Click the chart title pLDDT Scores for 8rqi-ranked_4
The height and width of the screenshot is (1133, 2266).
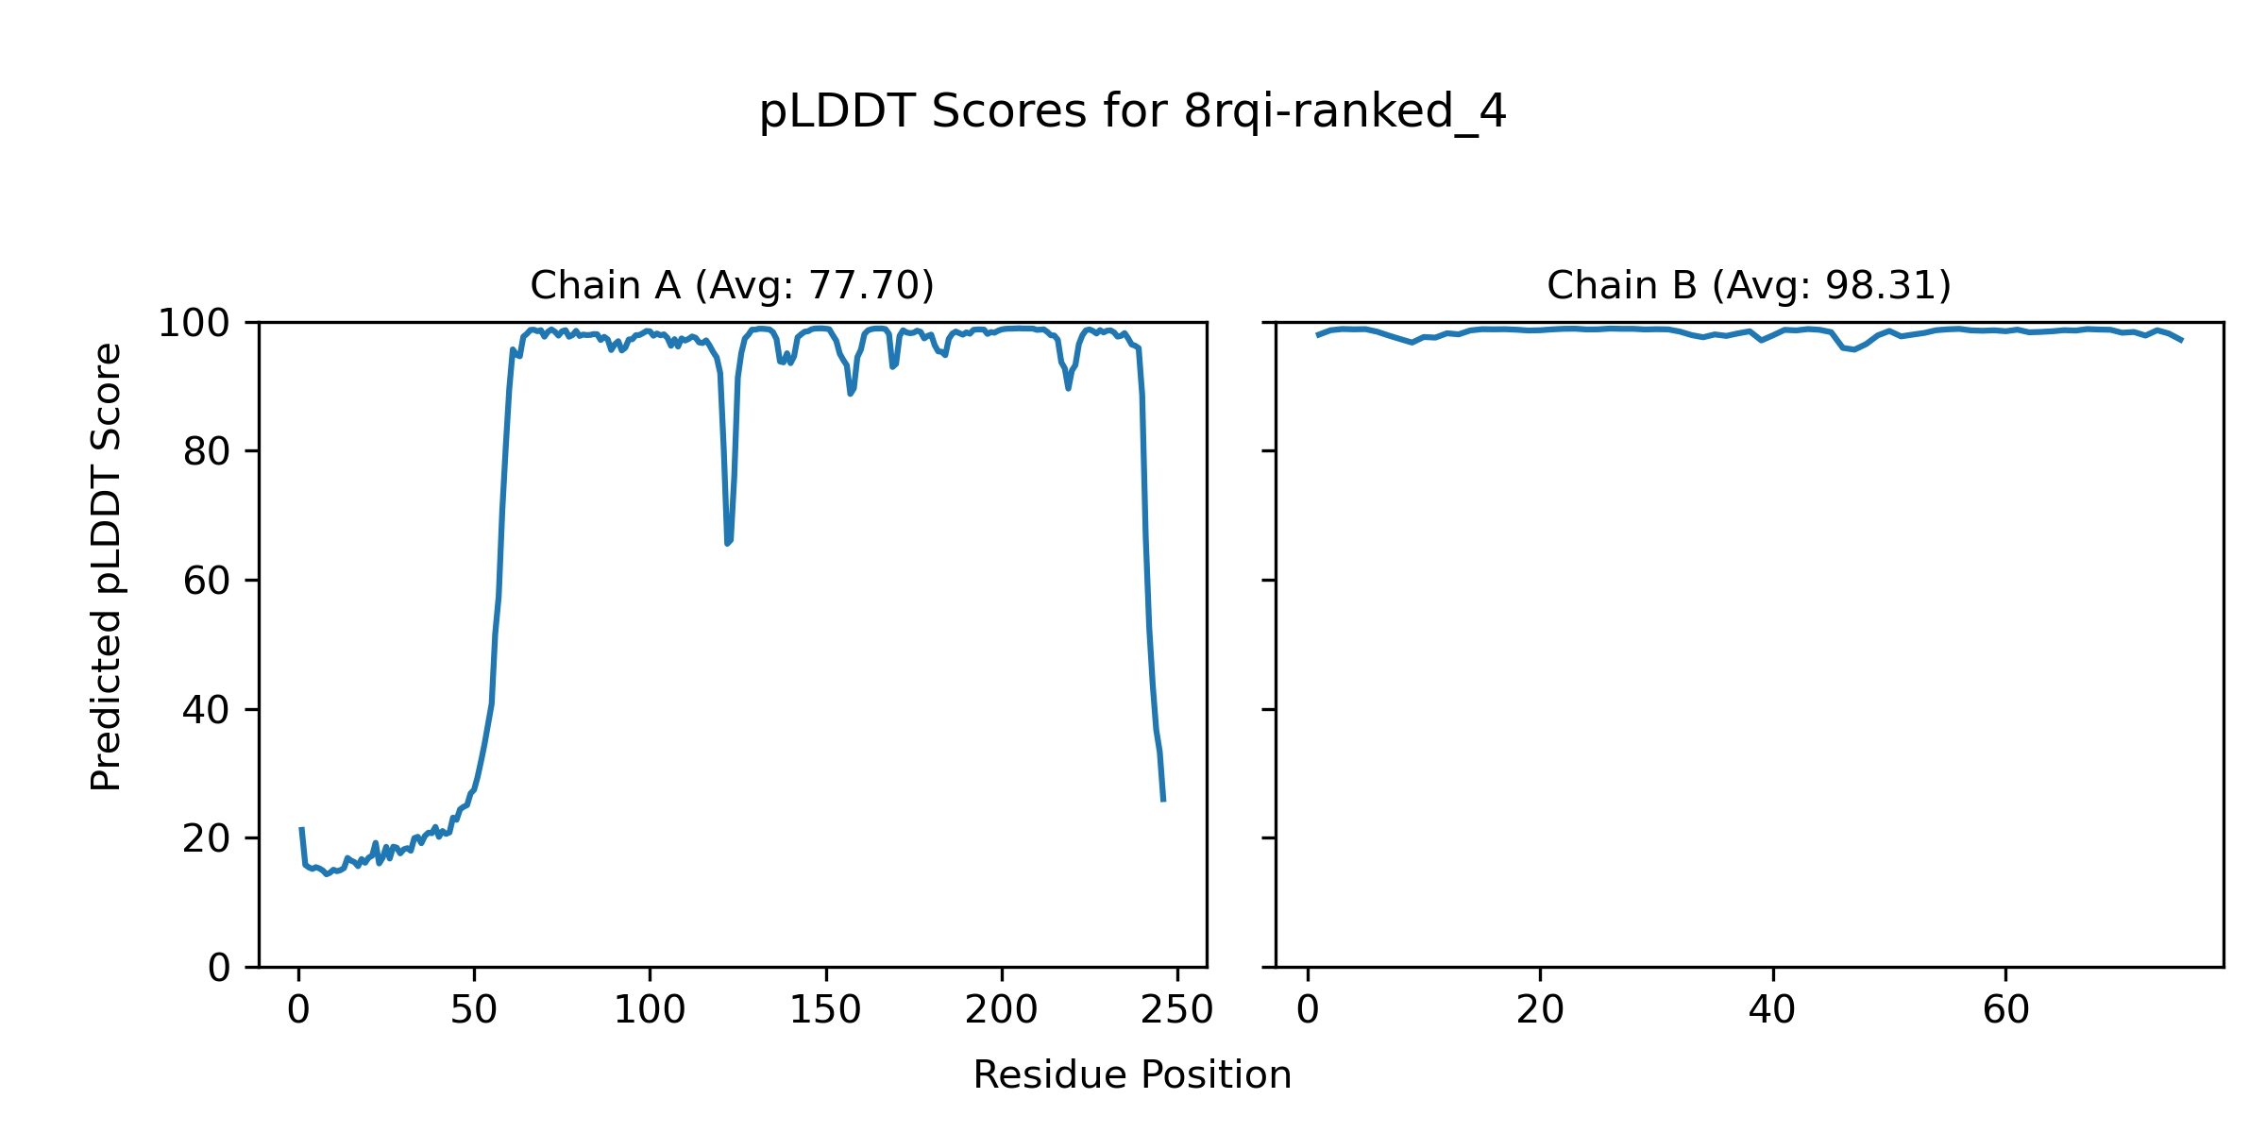(1132, 112)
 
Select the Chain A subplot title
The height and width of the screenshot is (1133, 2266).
(732, 285)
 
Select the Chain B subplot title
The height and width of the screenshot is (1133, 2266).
(1749, 285)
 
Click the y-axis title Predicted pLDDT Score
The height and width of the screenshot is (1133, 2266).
(107, 566)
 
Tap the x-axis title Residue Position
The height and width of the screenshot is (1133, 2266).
(1132, 1075)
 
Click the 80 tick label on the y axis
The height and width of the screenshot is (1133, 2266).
(207, 452)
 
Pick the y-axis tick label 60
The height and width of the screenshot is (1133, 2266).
(207, 582)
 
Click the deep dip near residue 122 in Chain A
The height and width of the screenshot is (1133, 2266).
(728, 542)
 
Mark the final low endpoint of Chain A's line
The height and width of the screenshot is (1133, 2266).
(1163, 800)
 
